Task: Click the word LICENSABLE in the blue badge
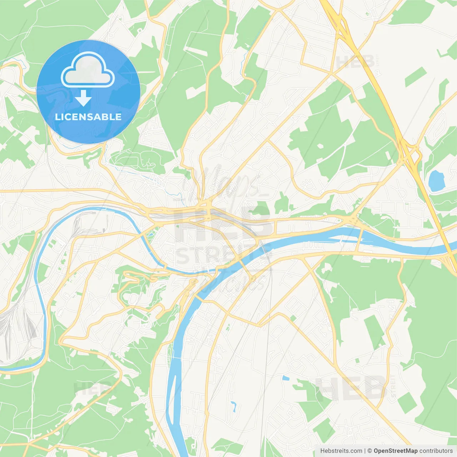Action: tap(88, 117)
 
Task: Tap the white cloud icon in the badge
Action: tap(87, 70)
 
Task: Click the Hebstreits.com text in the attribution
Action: tap(341, 451)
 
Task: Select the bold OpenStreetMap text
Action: tap(395, 451)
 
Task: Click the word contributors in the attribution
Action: tap(436, 451)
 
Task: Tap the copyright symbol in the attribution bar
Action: tap(370, 451)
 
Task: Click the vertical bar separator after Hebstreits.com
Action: tap(365, 451)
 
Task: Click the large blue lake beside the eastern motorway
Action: tap(436, 181)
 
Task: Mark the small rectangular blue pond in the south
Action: tap(286, 377)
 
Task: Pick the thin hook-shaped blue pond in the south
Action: tap(233, 406)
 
